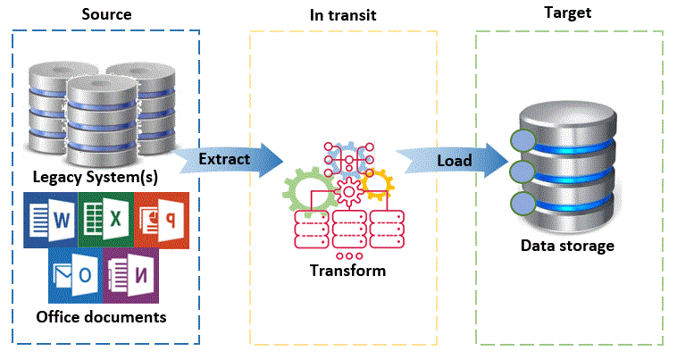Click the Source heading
105,15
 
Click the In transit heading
343,15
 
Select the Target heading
567,13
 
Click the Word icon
52,219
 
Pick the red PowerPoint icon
161,219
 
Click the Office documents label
101,316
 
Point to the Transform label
347,270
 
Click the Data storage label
568,246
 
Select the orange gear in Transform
377,182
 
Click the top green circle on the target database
522,140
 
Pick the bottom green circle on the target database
522,202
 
